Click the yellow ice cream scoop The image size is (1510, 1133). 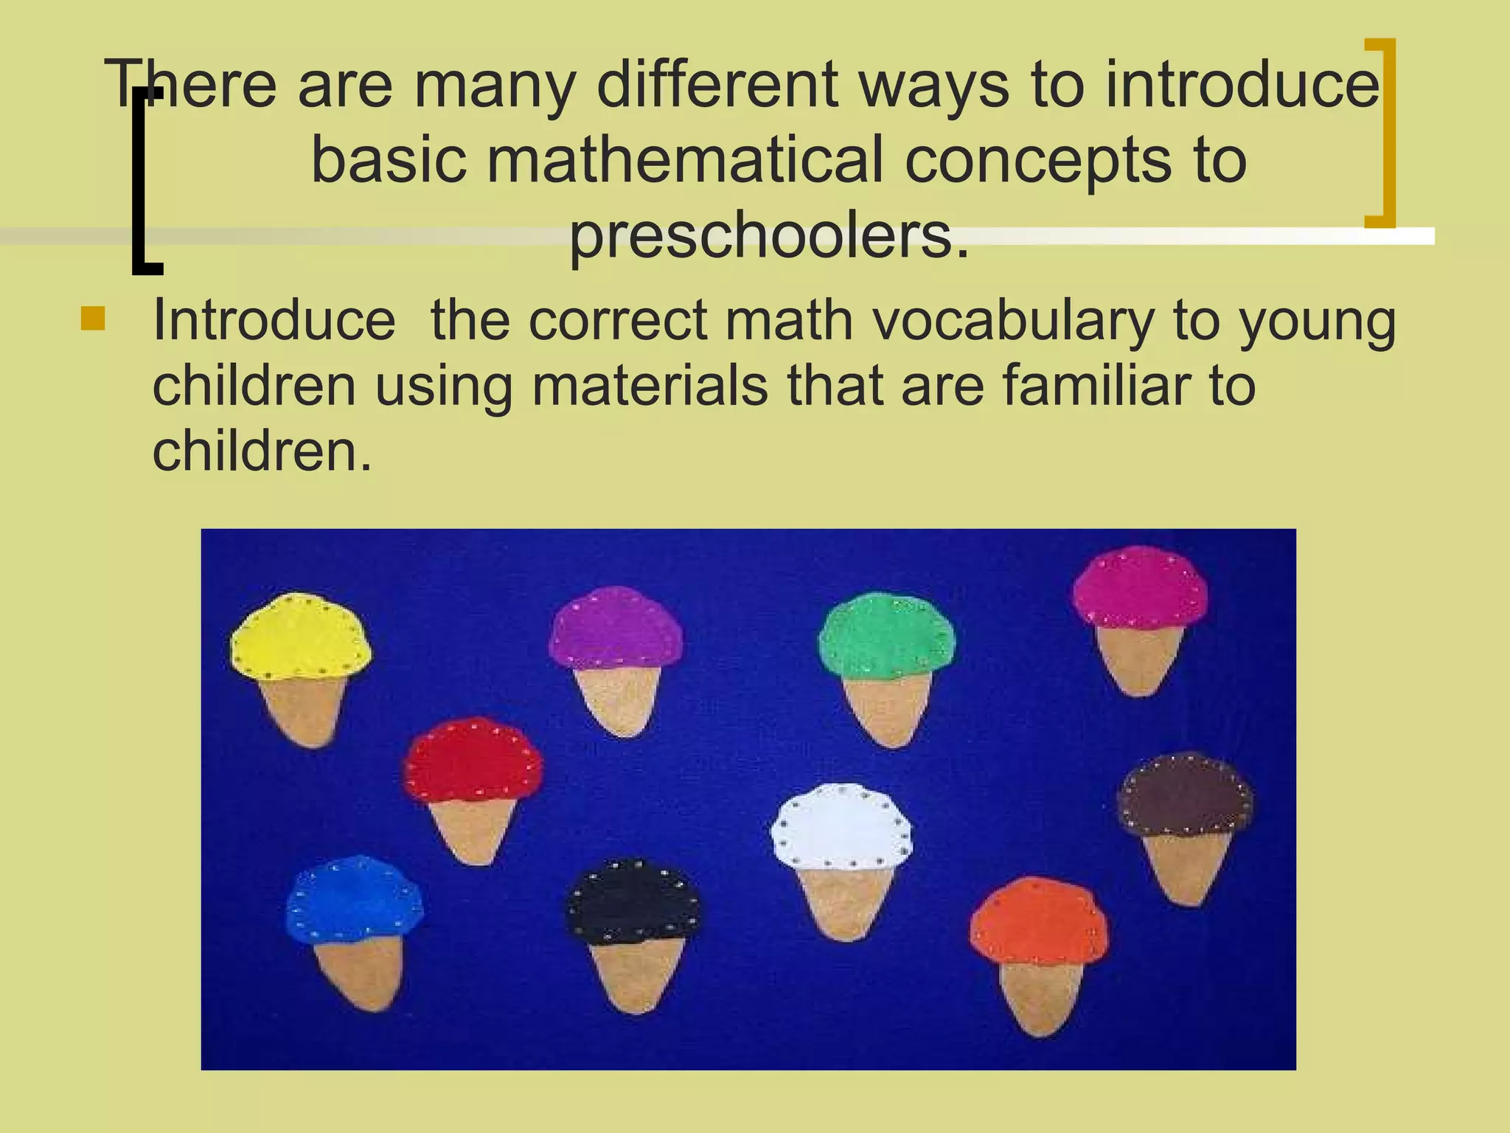tap(301, 636)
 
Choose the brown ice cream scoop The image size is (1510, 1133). tap(1185, 795)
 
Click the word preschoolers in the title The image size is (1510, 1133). tap(769, 238)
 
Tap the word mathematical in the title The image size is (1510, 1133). tap(684, 161)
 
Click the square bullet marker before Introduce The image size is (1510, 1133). tap(93, 319)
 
